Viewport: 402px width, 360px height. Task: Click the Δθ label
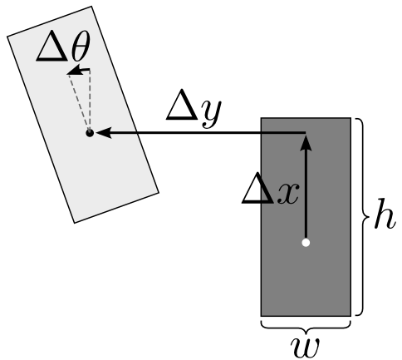[x=63, y=48]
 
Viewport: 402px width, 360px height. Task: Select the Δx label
[x=270, y=189]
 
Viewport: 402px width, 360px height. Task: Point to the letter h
[x=384, y=214]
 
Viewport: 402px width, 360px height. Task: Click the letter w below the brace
[x=305, y=347]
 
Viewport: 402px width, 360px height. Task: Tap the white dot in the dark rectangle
[x=306, y=243]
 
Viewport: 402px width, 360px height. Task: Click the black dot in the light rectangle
[x=90, y=133]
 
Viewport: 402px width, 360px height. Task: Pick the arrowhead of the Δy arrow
[x=104, y=133]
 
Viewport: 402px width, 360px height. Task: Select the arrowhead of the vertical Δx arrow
[x=306, y=143]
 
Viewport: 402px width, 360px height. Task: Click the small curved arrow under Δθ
[x=79, y=70]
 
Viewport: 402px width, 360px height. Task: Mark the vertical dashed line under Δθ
[x=90, y=100]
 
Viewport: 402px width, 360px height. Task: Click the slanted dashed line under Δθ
[x=79, y=102]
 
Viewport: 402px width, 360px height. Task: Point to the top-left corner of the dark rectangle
[x=261, y=118]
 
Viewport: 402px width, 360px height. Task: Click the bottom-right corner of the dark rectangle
[x=351, y=316]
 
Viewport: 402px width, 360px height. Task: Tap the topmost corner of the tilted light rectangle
[x=91, y=7]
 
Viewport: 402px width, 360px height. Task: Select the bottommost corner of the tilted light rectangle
[x=74, y=223]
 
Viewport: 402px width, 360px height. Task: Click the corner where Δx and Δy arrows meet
[x=306, y=133]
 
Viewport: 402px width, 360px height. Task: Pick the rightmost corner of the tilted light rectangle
[x=159, y=192]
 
